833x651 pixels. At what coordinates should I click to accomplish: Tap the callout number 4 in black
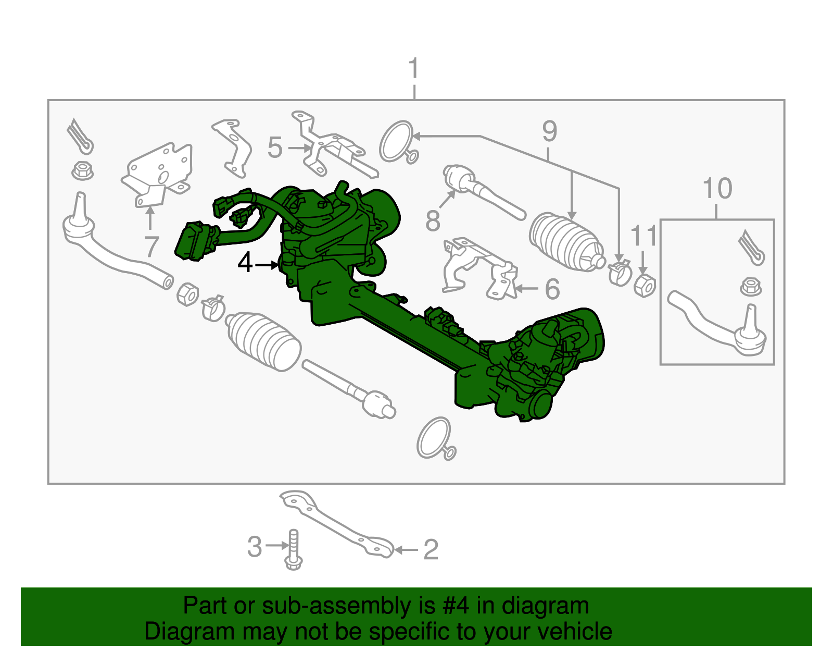pyautogui.click(x=245, y=263)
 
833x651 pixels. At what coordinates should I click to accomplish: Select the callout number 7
pyautogui.click(x=151, y=246)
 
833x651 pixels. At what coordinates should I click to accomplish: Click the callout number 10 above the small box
pyautogui.click(x=717, y=188)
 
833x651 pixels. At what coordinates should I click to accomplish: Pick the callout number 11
pyautogui.click(x=643, y=236)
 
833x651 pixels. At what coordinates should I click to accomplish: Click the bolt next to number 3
pyautogui.click(x=294, y=550)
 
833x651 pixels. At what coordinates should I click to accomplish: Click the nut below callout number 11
pyautogui.click(x=645, y=286)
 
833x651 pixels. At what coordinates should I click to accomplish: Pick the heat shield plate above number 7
pyautogui.click(x=159, y=172)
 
